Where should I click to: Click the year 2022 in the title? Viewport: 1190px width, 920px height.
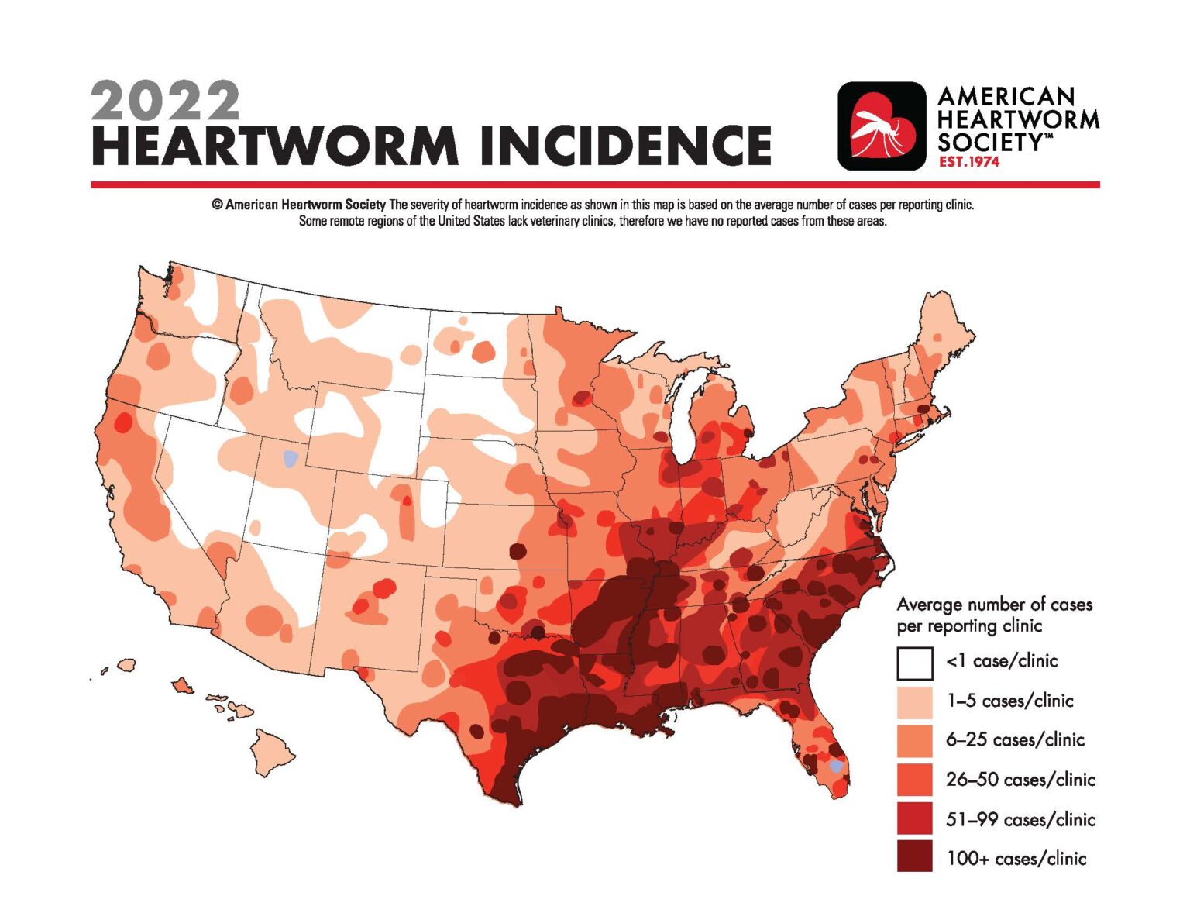(x=165, y=101)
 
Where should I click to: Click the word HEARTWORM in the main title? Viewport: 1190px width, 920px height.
(x=275, y=146)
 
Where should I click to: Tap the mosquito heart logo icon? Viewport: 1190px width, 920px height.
(x=882, y=126)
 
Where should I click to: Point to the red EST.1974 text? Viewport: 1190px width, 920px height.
(x=968, y=162)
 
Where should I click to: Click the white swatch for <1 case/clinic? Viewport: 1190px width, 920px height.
(x=914, y=663)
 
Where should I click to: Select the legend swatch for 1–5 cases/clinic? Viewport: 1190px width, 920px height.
(x=914, y=701)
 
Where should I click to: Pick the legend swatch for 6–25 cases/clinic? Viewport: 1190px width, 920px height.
(x=914, y=740)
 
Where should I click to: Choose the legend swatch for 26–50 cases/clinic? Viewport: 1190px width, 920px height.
(x=914, y=780)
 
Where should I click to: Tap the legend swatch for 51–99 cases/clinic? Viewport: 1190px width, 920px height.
(x=914, y=819)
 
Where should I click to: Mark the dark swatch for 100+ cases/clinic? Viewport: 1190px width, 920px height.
(x=914, y=858)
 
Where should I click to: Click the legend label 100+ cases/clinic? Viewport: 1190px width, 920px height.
(x=1016, y=859)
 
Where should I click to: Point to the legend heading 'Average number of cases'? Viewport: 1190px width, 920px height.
(x=994, y=605)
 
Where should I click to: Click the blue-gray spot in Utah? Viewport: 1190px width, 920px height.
(x=290, y=458)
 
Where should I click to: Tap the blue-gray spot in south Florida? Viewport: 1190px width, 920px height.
(x=835, y=766)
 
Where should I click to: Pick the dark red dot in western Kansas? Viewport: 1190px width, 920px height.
(x=517, y=551)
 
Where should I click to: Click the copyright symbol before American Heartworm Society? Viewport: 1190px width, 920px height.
(x=217, y=205)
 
